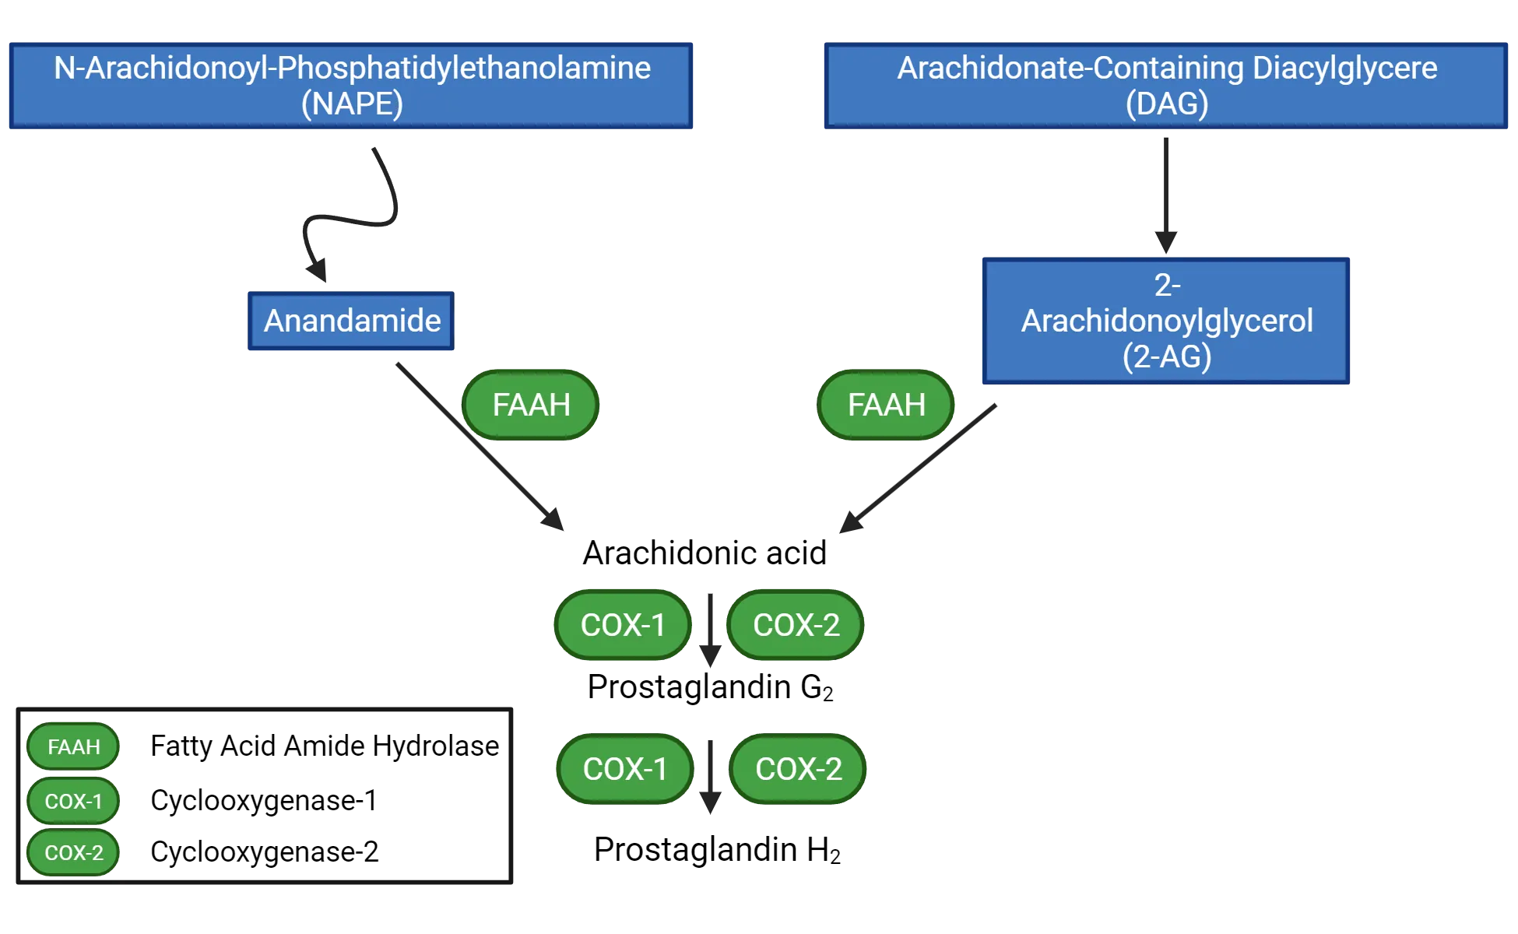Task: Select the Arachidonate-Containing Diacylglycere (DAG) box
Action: [1166, 85]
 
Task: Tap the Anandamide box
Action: [351, 321]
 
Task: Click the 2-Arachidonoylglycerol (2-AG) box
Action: [1166, 321]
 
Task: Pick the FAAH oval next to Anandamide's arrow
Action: [531, 405]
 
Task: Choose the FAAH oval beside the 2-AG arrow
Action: [886, 405]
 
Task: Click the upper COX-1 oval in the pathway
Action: [623, 625]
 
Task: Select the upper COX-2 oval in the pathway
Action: [796, 625]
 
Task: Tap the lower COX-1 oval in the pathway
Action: [625, 769]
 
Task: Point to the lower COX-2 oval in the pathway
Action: [798, 769]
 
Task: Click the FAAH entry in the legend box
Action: [73, 746]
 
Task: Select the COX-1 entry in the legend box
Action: [73, 801]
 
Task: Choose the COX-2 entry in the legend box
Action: [73, 852]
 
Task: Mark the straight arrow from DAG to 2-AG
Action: [1165, 195]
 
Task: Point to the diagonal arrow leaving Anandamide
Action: [479, 448]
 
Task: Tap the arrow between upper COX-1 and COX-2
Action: [710, 630]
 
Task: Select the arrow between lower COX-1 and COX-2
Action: [710, 774]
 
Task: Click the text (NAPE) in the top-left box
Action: [352, 104]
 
